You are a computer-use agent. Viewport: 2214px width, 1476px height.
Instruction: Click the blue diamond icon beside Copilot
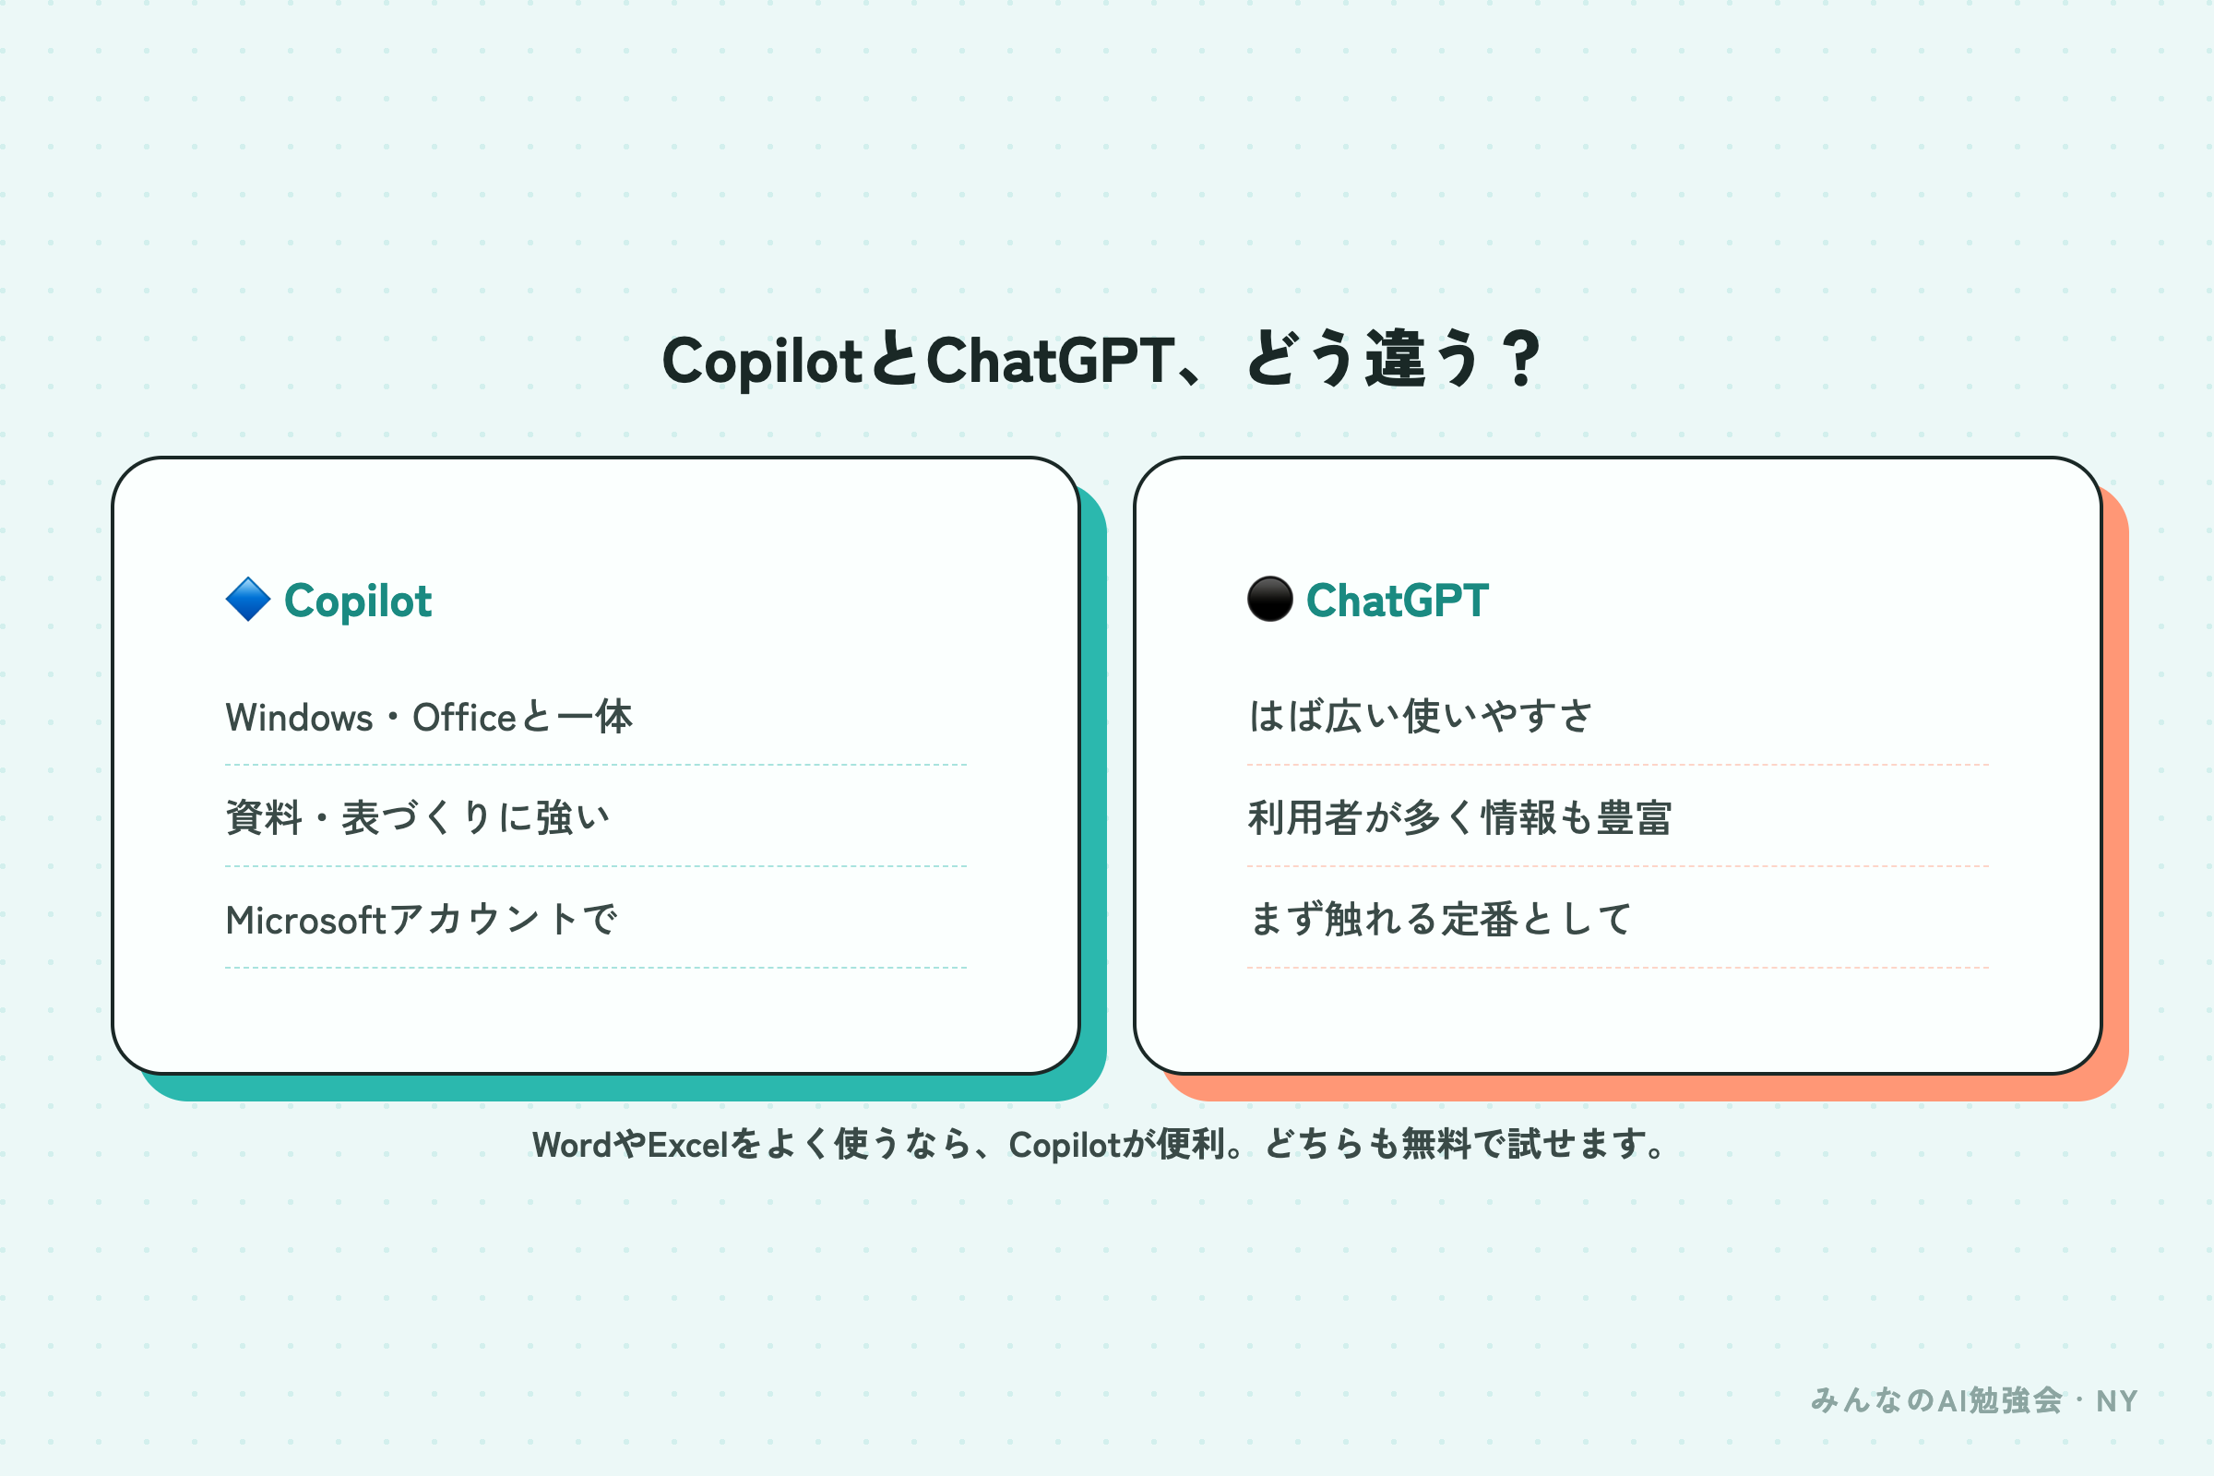point(248,600)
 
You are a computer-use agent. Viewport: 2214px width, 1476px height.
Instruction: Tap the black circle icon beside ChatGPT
point(1270,600)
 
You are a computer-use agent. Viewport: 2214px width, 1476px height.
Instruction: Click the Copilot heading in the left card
point(358,601)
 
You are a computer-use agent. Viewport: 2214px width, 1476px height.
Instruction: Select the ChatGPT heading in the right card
point(1397,601)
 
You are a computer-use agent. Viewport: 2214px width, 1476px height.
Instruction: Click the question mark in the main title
point(1521,359)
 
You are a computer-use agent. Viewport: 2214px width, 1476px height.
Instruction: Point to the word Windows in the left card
point(299,718)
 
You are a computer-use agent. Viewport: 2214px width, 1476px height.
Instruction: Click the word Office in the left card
point(464,718)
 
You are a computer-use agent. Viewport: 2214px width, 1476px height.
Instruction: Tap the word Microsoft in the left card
point(306,921)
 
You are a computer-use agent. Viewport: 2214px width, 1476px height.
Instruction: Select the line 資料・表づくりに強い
point(418,817)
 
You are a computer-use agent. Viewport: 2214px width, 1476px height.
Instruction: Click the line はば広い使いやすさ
point(1421,717)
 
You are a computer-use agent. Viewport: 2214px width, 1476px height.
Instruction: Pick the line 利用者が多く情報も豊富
point(1459,817)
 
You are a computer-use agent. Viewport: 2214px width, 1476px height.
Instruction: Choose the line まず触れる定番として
point(1440,919)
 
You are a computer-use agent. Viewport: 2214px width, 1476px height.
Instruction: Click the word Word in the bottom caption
point(571,1145)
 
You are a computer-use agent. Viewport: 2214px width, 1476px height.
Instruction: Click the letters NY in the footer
point(2116,1401)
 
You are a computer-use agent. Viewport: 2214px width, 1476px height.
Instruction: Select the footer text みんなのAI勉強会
point(1936,1400)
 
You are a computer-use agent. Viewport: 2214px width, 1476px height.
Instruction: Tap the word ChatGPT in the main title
point(1051,360)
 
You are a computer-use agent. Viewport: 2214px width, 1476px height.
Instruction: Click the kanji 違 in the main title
point(1396,359)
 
